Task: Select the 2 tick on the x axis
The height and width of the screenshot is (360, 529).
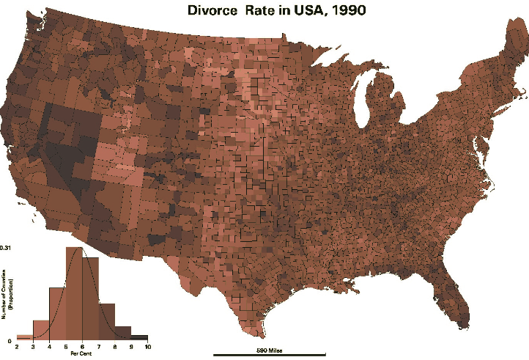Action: click(17, 346)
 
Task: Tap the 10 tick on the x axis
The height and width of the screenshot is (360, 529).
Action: click(148, 346)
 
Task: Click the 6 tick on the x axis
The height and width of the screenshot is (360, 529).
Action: click(82, 346)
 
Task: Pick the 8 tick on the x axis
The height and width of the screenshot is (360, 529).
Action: click(115, 346)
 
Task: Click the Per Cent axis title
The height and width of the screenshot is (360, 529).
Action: click(81, 353)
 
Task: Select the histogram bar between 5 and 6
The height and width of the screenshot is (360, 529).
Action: click(74, 293)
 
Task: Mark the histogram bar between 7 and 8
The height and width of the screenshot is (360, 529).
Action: click(107, 321)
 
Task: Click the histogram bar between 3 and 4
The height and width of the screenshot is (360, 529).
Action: click(41, 330)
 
